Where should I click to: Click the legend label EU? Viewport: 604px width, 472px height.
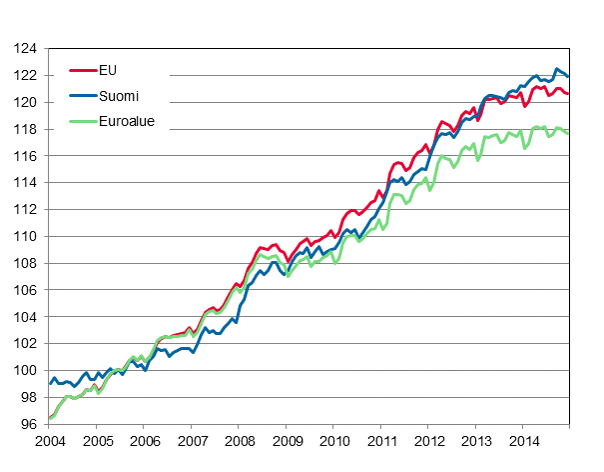point(108,70)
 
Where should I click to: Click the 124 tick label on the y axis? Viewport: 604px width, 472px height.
point(26,49)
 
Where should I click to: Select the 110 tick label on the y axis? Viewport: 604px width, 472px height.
point(26,236)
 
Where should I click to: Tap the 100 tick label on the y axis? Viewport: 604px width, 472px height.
point(26,370)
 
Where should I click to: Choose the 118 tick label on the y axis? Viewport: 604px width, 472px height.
point(26,129)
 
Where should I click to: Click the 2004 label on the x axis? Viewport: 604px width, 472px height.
point(49,441)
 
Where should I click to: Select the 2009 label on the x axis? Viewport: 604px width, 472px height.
point(287,441)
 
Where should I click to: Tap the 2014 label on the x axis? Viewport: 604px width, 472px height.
point(524,441)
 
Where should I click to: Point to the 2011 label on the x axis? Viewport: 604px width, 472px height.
point(381,441)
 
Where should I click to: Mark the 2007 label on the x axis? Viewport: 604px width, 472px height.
point(192,441)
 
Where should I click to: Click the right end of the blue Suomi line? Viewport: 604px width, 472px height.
point(569,77)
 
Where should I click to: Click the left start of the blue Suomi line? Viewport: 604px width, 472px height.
point(49,383)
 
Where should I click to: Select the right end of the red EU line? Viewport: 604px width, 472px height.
point(569,94)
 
